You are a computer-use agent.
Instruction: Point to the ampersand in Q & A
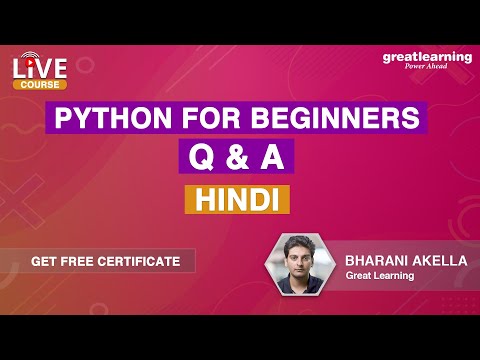click(x=238, y=158)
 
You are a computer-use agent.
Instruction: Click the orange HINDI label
click(x=238, y=198)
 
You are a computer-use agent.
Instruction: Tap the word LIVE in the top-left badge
click(x=40, y=68)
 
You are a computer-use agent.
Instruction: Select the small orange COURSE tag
click(x=40, y=85)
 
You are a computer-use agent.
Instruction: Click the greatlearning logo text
click(x=427, y=57)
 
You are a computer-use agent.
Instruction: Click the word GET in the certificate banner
click(x=45, y=261)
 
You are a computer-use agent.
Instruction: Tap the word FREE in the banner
click(x=81, y=261)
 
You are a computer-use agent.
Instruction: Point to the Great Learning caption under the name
click(x=380, y=277)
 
